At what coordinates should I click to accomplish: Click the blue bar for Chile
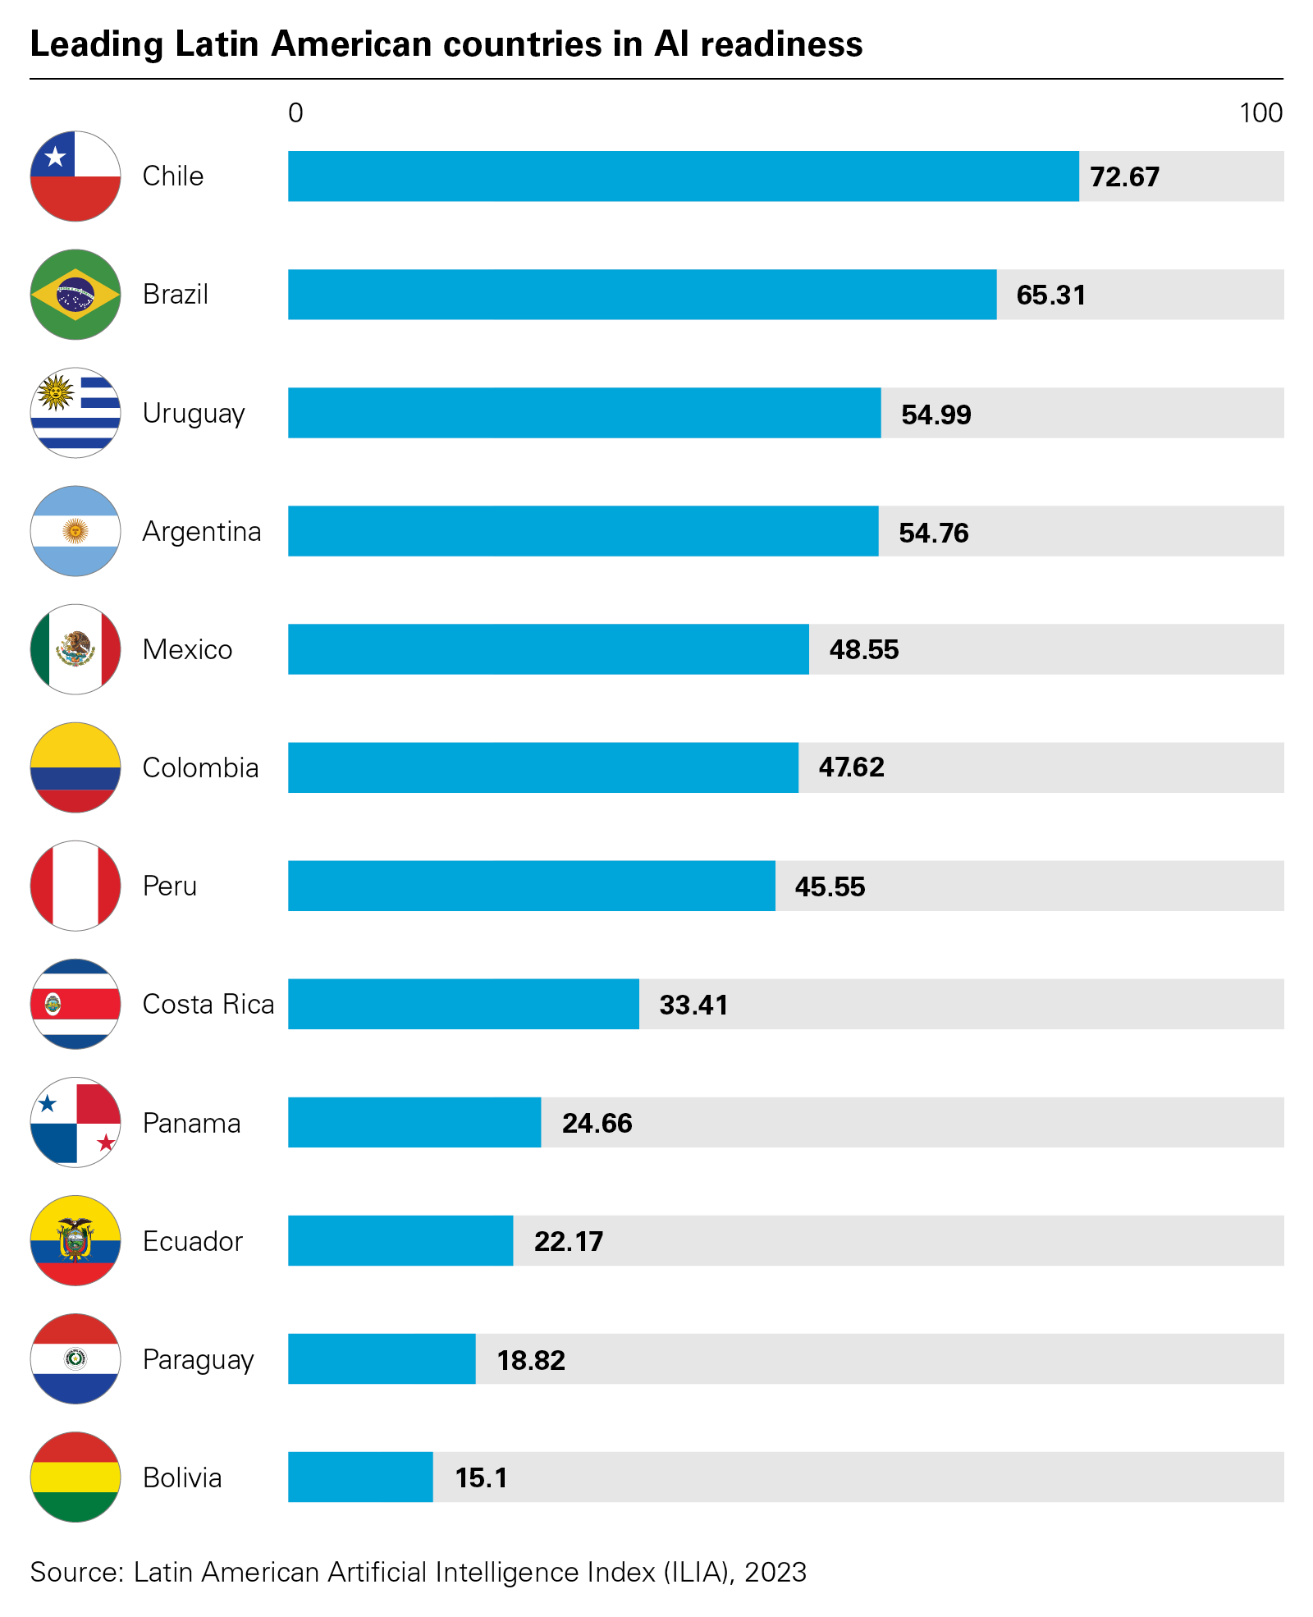tap(683, 176)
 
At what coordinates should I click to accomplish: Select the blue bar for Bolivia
tap(360, 1477)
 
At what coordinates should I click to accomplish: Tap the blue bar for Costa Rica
tap(463, 1004)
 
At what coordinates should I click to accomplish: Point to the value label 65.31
tap(1050, 295)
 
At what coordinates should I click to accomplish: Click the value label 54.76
tap(933, 533)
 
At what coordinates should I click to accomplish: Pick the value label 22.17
tap(568, 1241)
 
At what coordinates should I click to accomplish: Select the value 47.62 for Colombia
tap(851, 767)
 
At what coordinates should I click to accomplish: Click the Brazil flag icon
tap(75, 295)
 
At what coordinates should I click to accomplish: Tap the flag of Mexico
tap(75, 649)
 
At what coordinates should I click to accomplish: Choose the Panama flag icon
tap(75, 1122)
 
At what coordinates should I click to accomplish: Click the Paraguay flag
tap(75, 1358)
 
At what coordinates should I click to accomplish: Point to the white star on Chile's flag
tap(55, 156)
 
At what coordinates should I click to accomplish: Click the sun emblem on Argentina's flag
tap(75, 531)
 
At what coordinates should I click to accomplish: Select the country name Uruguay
tap(194, 414)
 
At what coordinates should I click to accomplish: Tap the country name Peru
tap(170, 886)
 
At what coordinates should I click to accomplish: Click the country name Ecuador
tap(193, 1241)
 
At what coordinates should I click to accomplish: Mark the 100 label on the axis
tap(1260, 112)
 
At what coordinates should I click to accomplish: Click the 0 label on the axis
tap(295, 112)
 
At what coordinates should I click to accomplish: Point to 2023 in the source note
tap(775, 1572)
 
